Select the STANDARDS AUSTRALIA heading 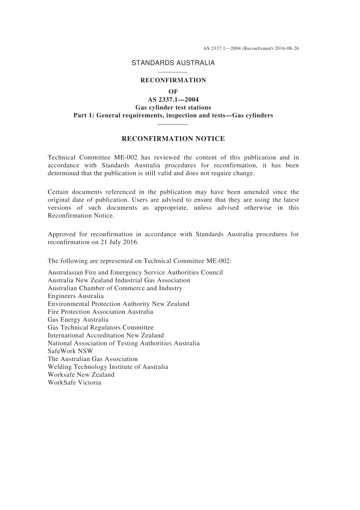point(173,63)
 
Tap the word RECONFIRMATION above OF point(173,80)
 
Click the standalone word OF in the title point(173,92)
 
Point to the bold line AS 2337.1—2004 point(173,100)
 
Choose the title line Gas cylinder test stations point(173,108)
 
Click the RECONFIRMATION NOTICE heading point(173,139)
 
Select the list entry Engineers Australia point(76,296)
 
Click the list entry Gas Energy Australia point(78,320)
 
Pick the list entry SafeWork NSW point(70,351)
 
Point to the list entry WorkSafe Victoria point(75,383)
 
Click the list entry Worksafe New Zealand point(81,375)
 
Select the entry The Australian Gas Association point(93,359)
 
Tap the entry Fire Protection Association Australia point(100,312)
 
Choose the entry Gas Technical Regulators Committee point(101,328)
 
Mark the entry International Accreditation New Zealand point(106,336)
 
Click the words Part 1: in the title point(84,116)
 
